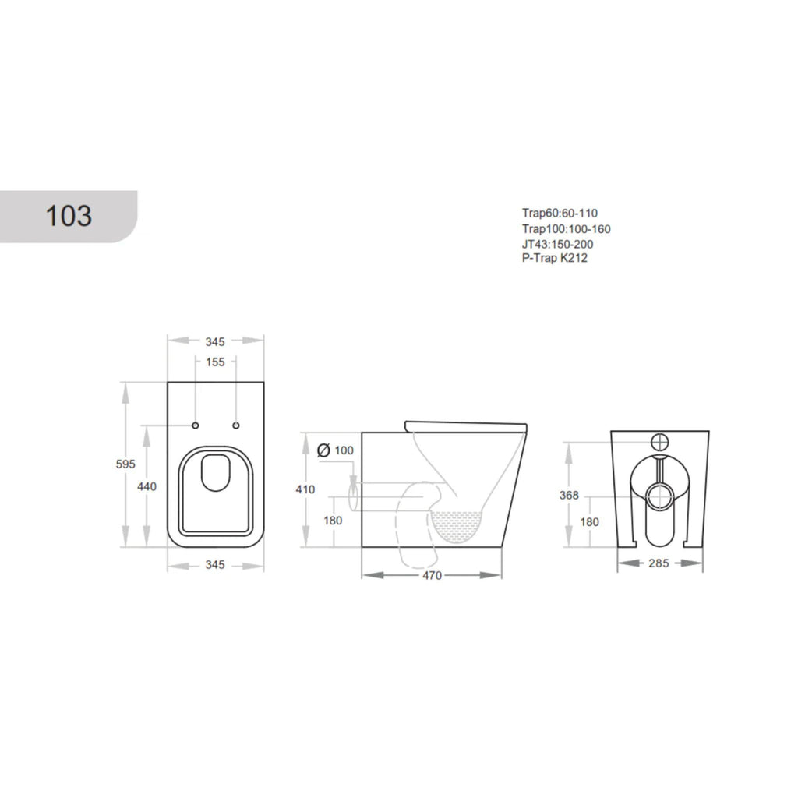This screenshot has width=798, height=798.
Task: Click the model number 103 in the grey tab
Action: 69,216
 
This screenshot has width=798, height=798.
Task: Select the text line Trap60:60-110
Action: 560,214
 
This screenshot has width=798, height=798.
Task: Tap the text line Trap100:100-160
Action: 566,229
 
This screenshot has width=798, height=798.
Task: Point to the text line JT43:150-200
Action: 558,244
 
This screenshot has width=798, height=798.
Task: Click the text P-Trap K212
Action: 555,258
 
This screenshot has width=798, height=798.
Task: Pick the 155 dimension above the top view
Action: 215,362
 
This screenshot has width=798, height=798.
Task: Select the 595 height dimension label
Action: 125,464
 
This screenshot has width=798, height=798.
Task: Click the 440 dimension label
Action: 147,486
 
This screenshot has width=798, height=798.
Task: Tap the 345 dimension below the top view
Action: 215,565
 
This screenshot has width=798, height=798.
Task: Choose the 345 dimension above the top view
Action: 215,342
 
